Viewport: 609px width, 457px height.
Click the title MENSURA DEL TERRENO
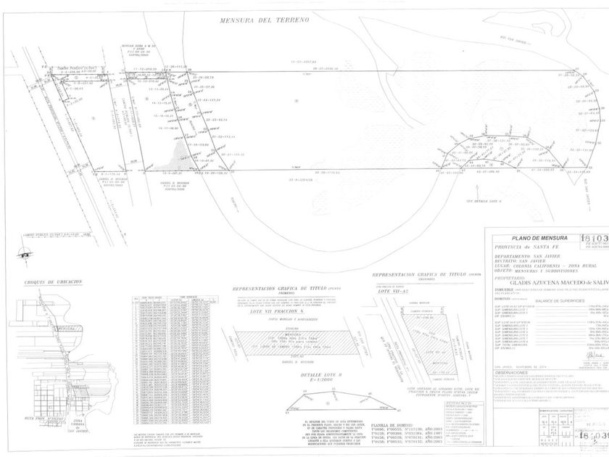tap(265, 21)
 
